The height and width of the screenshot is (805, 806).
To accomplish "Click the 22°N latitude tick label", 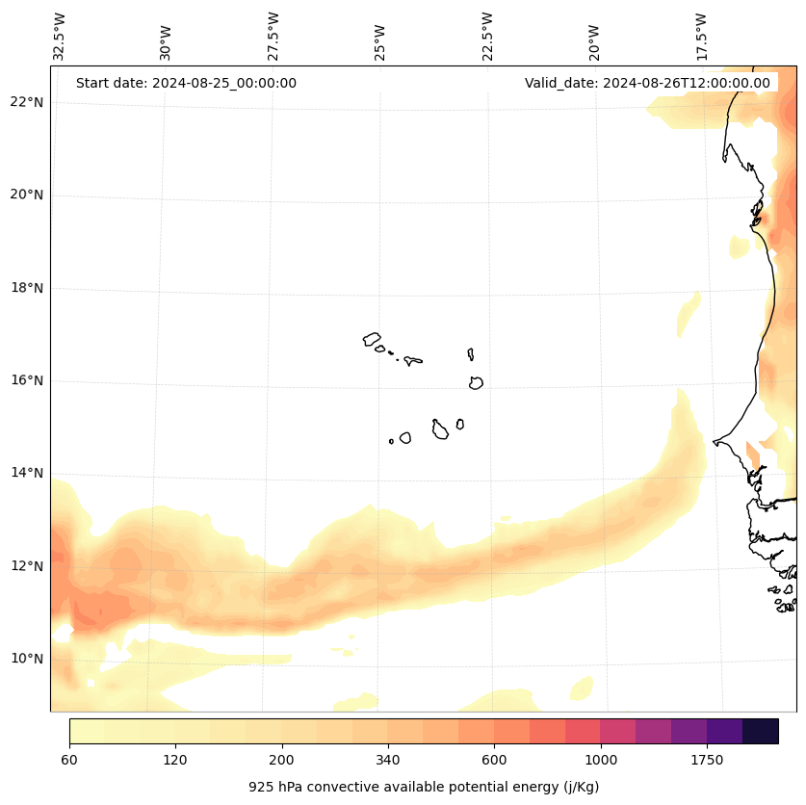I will point(28,102).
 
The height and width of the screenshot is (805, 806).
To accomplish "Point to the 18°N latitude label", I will point(28,288).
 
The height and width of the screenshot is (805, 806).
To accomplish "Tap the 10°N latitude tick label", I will point(28,659).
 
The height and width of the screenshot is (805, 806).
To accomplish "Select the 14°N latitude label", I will point(28,473).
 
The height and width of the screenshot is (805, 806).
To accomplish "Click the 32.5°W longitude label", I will point(60,36).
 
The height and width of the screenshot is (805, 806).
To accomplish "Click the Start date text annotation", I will point(186,83).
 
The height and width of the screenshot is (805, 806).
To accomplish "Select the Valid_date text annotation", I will point(647,83).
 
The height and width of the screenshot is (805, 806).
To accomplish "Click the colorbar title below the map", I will point(424,787).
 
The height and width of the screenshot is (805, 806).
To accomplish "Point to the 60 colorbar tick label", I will point(69,761).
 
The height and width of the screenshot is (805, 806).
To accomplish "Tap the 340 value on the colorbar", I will point(388,761).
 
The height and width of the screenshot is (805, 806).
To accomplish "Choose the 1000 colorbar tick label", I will point(601,761).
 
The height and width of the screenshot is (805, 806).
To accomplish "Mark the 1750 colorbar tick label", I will point(707,761).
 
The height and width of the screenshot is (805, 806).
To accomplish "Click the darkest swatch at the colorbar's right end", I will point(761,731).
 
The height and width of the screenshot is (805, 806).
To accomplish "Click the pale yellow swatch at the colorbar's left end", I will point(87,731).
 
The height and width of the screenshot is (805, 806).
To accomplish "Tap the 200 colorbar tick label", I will point(282,761).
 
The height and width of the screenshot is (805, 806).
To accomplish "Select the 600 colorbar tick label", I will point(495,761).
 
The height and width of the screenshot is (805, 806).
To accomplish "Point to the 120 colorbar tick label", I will point(175,761).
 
